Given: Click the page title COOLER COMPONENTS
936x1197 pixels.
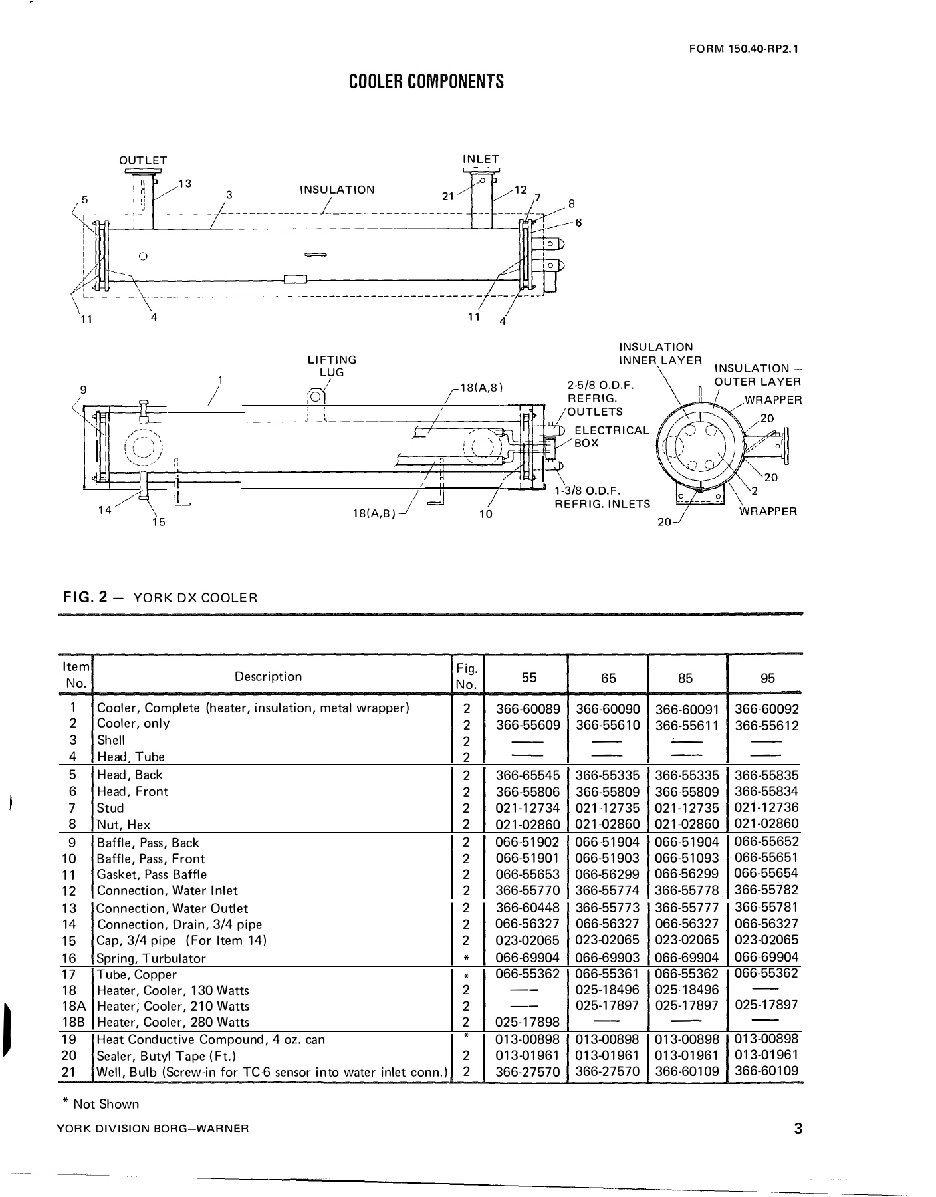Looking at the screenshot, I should tap(426, 82).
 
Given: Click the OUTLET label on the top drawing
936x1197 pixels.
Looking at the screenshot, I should tap(143, 160).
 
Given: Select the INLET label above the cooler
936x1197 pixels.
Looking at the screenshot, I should tap(480, 159).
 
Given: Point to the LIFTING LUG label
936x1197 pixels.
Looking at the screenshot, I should tap(332, 366).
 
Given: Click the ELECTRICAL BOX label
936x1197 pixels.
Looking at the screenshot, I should tap(611, 436).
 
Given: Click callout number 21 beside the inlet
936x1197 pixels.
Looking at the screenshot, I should tap(448, 196).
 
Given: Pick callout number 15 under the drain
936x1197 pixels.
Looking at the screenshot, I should tap(158, 522).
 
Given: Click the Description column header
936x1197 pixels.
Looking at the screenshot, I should tap(268, 676).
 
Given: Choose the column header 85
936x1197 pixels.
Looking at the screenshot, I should tap(685, 678).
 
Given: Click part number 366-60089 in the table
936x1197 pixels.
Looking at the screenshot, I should tap(528, 709).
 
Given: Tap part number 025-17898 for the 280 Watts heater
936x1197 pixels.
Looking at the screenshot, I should tap(528, 1021).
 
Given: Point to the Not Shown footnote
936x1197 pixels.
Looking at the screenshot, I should tap(101, 1104).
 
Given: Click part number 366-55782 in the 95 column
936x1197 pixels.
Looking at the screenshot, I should tap(766, 890).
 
